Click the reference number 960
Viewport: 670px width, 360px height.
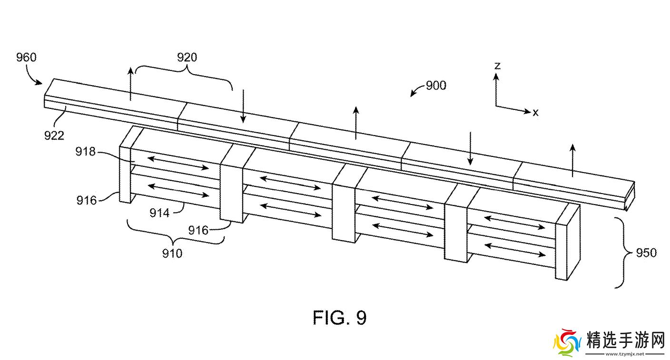[26, 57]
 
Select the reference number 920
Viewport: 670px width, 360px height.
[187, 57]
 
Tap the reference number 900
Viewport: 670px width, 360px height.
[436, 86]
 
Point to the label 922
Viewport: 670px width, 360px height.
[54, 136]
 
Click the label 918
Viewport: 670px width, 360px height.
[85, 152]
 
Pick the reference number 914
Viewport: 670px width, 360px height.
[159, 213]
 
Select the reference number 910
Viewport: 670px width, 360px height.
[172, 253]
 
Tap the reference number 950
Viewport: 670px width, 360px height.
[646, 253]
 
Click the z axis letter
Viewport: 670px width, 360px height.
[497, 66]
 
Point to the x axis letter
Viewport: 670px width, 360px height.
[535, 112]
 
